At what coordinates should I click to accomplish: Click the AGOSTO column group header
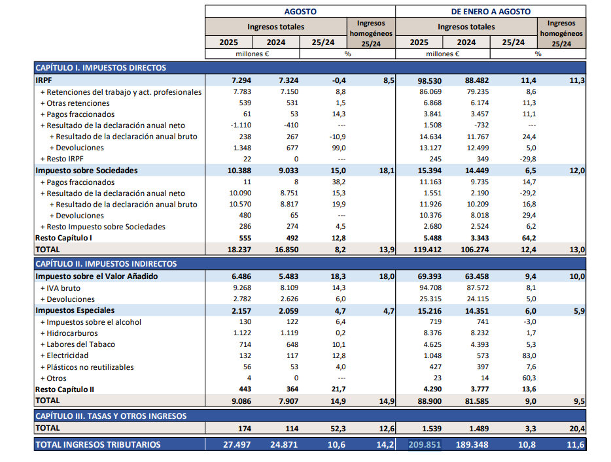[x=300, y=11]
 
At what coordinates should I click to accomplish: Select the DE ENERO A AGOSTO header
[x=491, y=11]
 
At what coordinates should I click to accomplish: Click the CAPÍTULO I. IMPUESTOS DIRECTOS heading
[x=101, y=67]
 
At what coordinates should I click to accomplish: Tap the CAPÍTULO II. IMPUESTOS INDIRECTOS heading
[x=105, y=264]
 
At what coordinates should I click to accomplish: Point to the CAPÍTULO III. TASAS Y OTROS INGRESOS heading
[x=111, y=416]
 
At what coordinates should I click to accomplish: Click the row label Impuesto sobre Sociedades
[x=86, y=171]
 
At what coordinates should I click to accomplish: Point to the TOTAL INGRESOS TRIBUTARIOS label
[x=97, y=444]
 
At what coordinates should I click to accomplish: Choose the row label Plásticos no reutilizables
[x=90, y=367]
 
